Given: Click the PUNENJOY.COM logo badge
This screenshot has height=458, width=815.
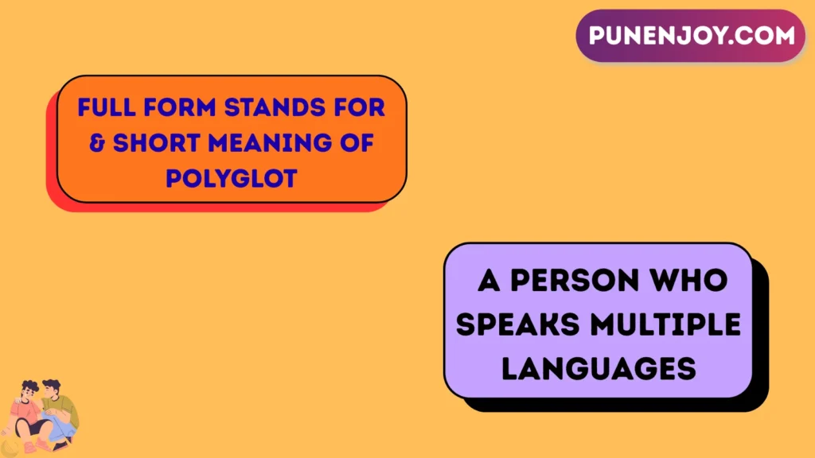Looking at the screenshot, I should [691, 36].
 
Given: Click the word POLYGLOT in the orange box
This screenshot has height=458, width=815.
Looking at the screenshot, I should [231, 179].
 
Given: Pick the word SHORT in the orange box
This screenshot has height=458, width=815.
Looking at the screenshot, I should [154, 143].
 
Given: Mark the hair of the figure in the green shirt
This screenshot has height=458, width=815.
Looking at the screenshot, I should [51, 385].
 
